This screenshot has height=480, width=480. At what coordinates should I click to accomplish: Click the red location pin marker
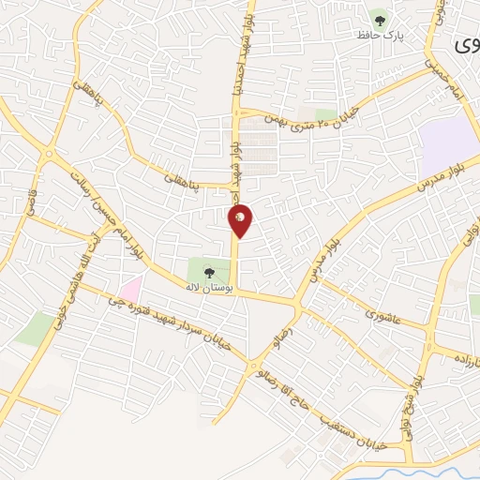pyautogui.click(x=241, y=219)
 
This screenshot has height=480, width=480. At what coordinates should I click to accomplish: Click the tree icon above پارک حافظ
pyautogui.click(x=380, y=17)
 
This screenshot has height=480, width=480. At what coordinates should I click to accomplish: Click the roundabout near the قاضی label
pyautogui.click(x=48, y=152)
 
